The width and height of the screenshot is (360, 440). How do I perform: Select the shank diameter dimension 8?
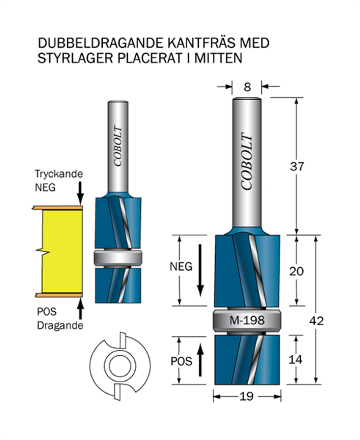[247, 87]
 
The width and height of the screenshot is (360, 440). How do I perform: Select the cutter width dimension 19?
[247, 396]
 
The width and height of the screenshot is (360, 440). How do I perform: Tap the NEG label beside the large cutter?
[180, 266]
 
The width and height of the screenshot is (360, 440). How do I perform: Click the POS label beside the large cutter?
[181, 361]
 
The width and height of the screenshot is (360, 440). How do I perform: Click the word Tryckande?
[59, 174]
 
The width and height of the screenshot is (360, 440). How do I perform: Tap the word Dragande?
[60, 326]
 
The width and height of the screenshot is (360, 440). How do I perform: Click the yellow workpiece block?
[62, 251]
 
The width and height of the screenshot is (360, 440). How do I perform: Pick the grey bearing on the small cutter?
[118, 257]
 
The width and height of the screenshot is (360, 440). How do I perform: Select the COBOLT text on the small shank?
[118, 146]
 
